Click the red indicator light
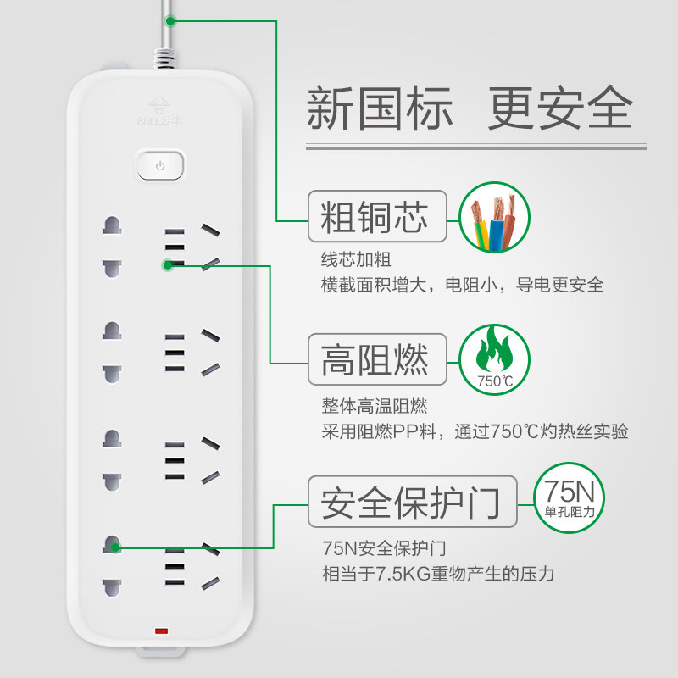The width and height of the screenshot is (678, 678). point(161,631)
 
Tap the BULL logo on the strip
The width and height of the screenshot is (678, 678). point(159,112)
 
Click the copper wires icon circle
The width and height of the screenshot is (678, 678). point(494,217)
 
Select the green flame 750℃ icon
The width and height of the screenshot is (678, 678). point(494,359)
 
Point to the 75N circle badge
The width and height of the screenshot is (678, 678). point(569,497)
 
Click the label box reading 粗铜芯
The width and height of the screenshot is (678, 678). point(377,216)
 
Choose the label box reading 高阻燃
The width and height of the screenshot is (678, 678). point(377,359)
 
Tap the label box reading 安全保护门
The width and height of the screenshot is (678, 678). point(413,502)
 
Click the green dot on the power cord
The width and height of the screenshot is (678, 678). point(170,20)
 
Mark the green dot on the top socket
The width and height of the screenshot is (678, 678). point(168,265)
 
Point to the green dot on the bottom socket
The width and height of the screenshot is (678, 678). point(114,547)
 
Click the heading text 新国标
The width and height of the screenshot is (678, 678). point(380,108)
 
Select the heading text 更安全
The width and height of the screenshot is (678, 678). point(560,108)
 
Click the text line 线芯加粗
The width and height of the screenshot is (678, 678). point(356,260)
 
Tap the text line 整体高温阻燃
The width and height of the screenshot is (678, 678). point(375,406)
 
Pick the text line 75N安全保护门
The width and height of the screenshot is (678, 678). point(384,548)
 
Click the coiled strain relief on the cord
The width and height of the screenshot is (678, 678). point(164,58)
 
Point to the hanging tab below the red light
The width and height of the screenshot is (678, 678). point(161,652)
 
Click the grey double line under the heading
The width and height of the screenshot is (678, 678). point(476,147)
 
